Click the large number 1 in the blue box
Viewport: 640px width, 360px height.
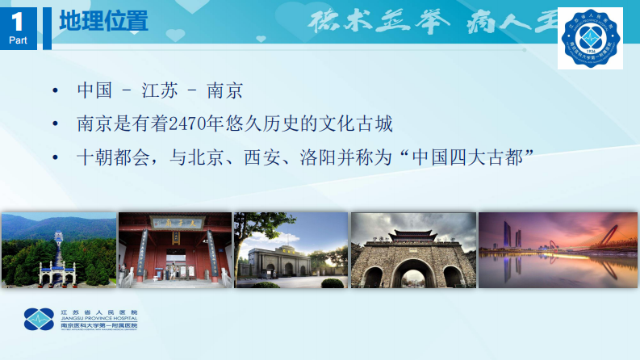(x=18, y=21)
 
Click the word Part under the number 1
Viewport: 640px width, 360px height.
(x=18, y=40)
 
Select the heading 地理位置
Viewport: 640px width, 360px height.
(x=104, y=22)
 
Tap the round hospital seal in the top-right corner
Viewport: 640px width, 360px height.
(x=591, y=39)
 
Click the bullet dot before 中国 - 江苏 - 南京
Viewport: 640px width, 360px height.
(x=54, y=90)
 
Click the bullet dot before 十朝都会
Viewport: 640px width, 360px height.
(x=54, y=157)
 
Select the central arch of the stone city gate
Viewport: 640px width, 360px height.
(x=412, y=270)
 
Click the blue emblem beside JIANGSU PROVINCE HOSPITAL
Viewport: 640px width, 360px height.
(x=39, y=320)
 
